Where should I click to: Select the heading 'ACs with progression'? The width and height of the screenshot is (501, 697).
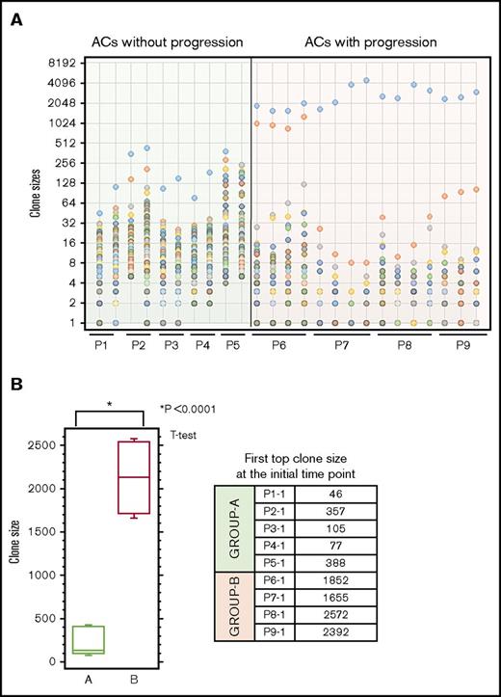point(370,42)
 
